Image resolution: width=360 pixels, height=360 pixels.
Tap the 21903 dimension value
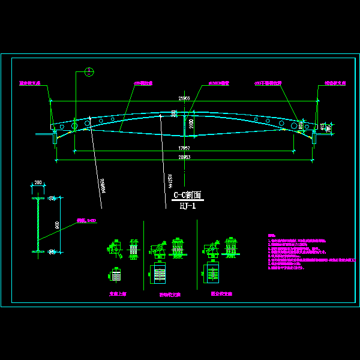point(184,98)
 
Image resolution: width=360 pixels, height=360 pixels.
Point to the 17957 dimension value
point(184,148)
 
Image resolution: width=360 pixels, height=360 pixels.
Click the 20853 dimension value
point(184,157)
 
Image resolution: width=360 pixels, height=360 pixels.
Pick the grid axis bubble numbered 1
point(89,72)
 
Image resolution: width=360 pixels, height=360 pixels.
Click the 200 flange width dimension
point(39,182)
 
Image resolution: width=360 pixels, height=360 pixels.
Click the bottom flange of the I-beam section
point(39,251)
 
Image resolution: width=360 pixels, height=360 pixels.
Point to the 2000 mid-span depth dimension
point(191,125)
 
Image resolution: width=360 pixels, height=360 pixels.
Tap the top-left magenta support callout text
point(29,84)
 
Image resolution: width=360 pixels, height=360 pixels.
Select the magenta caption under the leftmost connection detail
point(117,294)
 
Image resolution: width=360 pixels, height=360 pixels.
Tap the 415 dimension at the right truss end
point(322,127)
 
